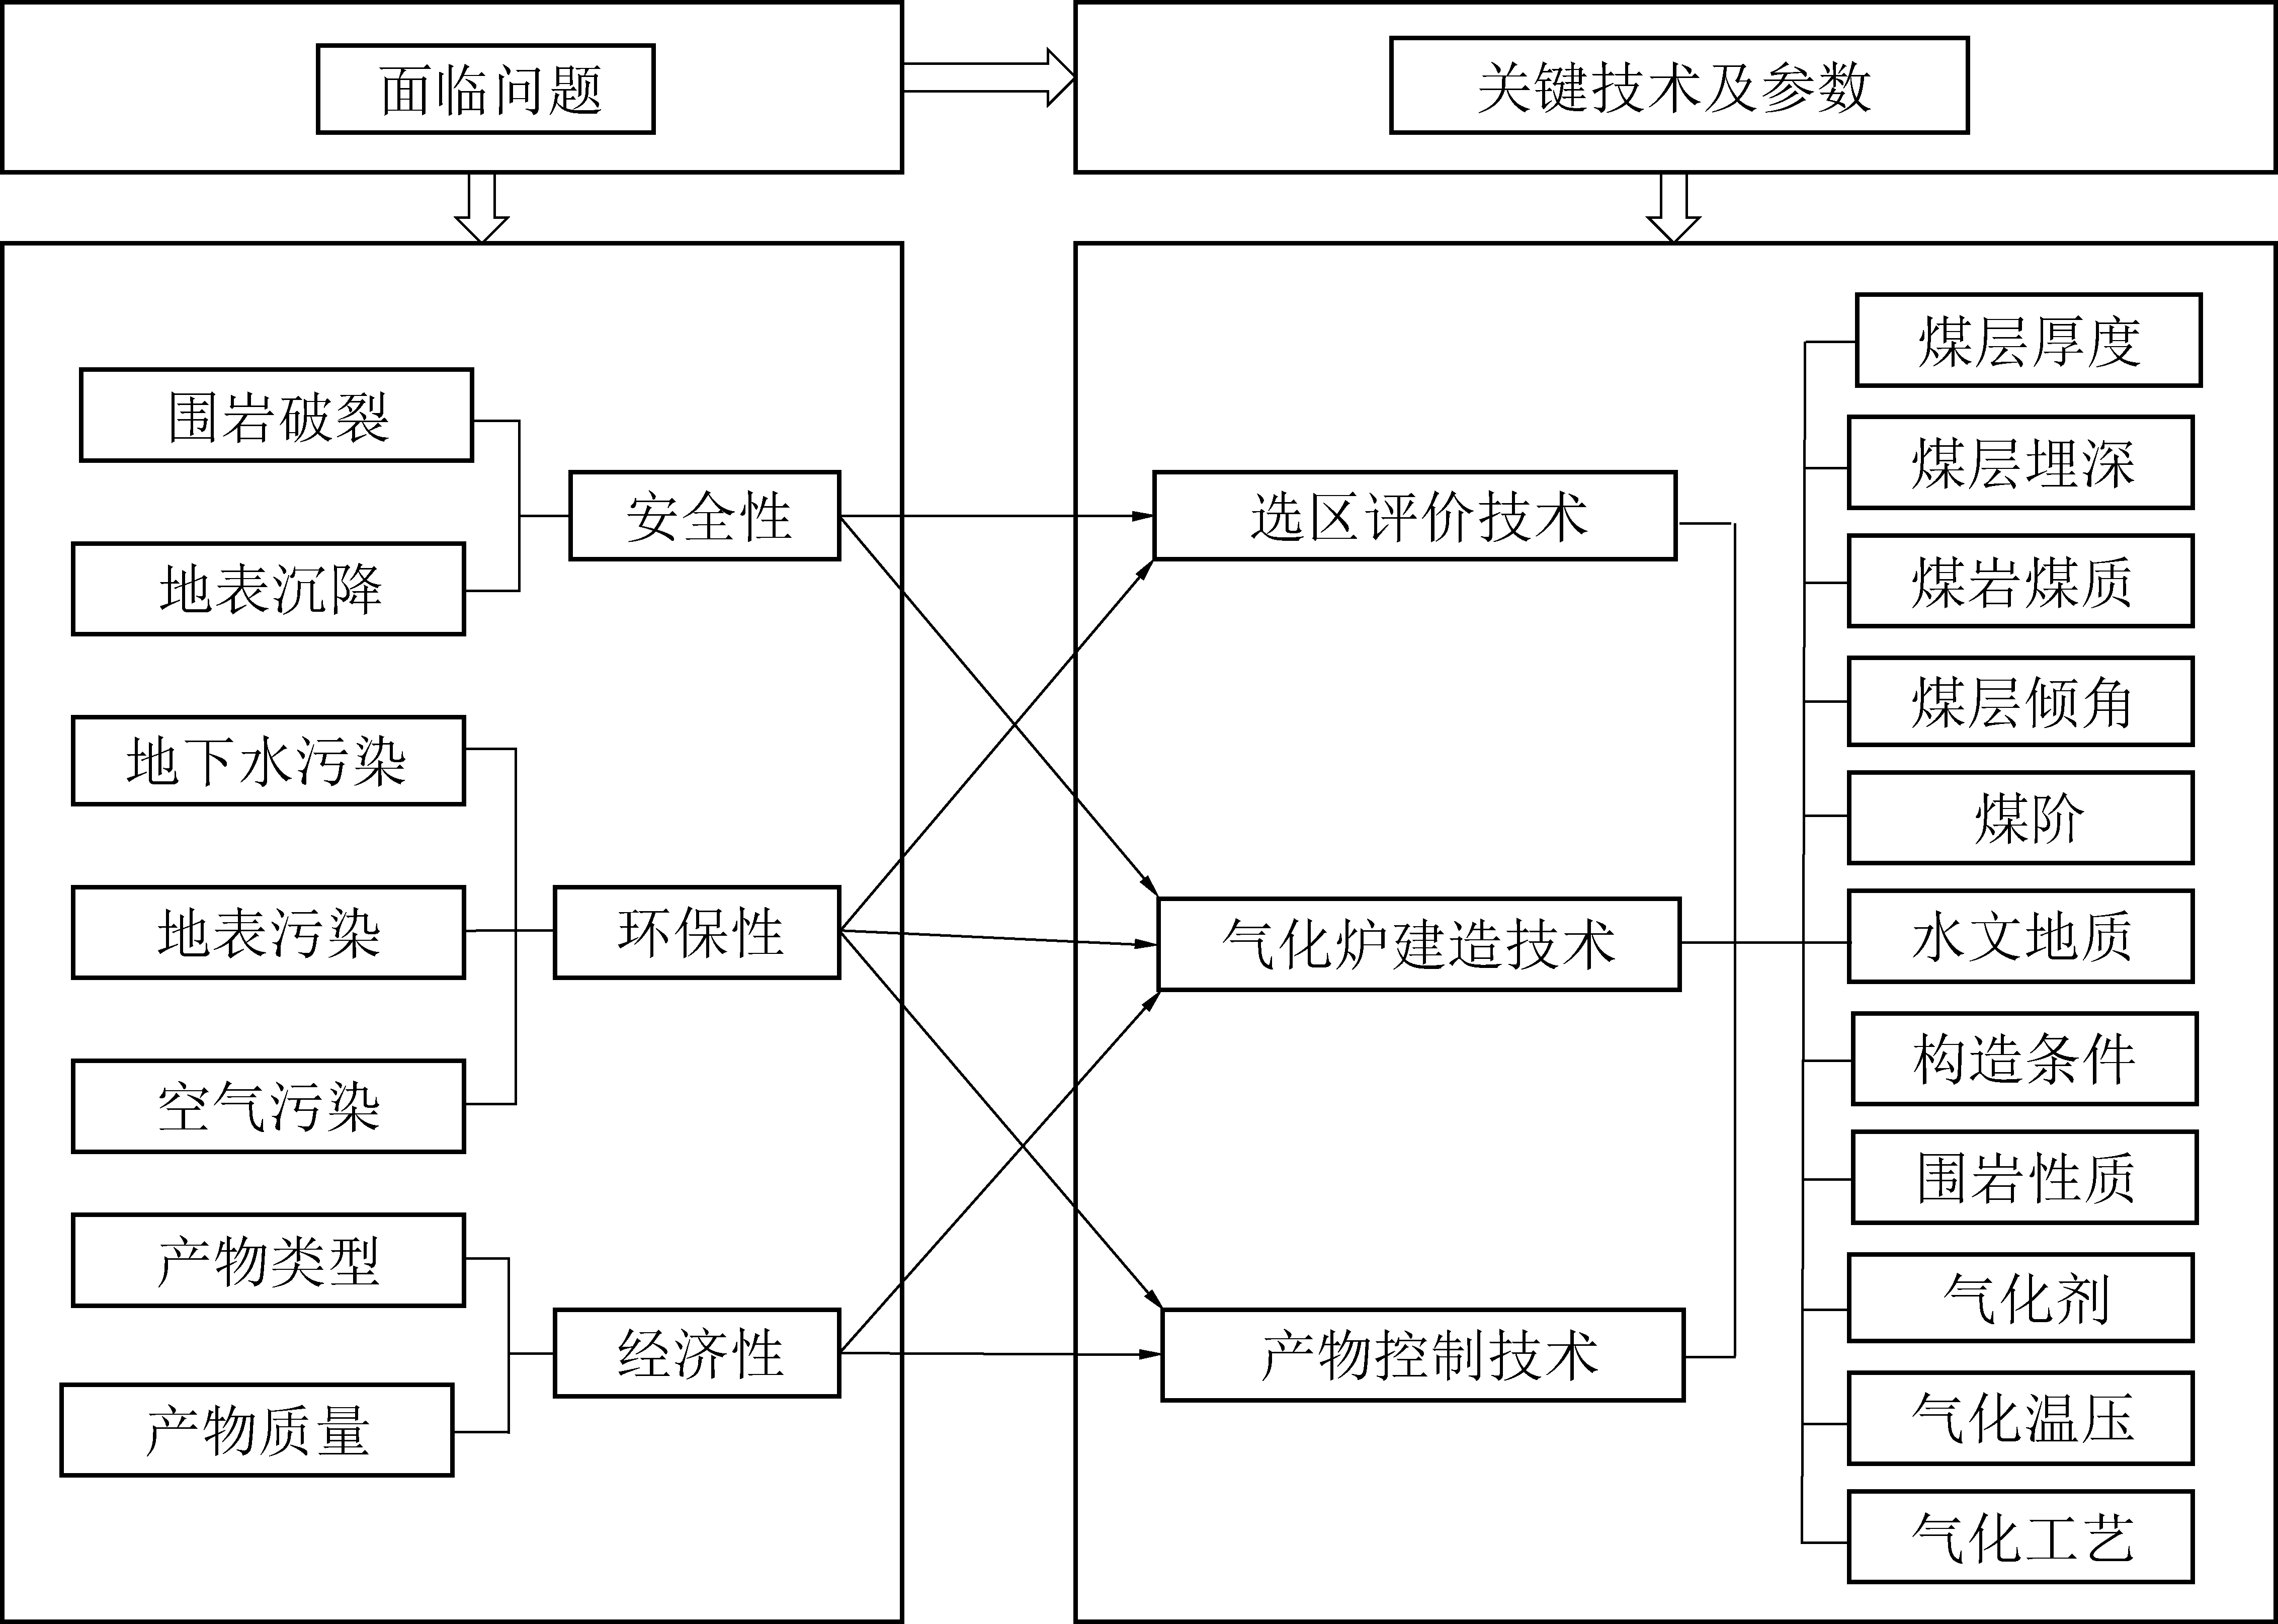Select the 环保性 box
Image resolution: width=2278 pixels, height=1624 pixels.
pos(697,932)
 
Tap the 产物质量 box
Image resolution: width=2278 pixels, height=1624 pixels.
pos(257,1430)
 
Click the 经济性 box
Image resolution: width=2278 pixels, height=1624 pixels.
pos(697,1353)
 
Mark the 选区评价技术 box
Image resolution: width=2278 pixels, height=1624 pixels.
pos(1414,516)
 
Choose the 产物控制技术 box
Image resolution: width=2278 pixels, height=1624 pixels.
pos(1422,1355)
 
